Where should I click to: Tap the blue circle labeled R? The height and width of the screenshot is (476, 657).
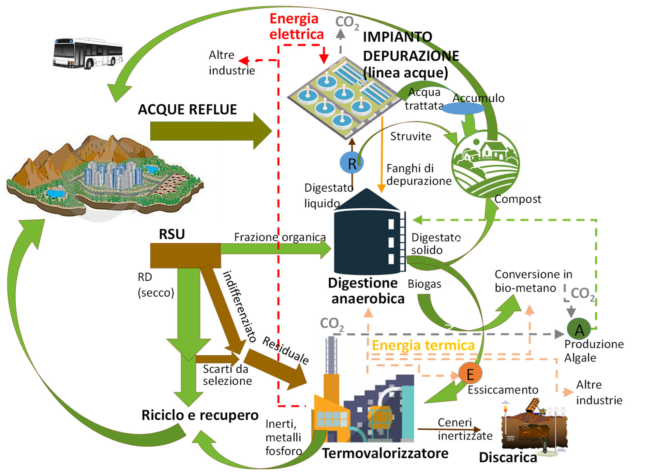tap(352, 163)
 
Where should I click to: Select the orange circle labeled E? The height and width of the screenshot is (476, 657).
tap(470, 374)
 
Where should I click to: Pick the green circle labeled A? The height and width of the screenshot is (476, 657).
tap(579, 329)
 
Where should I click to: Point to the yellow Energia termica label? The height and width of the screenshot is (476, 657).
tap(423, 345)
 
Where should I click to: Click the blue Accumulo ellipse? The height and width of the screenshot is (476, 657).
tap(463, 108)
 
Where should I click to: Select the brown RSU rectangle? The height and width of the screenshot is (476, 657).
tap(185, 255)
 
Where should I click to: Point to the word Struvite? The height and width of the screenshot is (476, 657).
tap(410, 136)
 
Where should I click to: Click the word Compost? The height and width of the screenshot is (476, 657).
tap(518, 199)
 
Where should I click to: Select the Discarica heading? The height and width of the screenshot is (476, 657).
tap(508, 457)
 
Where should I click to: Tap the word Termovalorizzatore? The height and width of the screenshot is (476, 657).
tap(385, 453)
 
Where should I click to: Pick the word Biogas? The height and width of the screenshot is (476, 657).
tap(424, 284)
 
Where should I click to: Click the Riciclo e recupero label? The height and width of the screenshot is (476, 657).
tap(200, 415)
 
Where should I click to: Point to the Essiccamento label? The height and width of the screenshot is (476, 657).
tap(503, 390)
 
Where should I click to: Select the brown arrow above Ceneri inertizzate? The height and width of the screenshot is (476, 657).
tap(449, 429)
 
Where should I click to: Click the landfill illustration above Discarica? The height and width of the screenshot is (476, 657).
tap(534, 426)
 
